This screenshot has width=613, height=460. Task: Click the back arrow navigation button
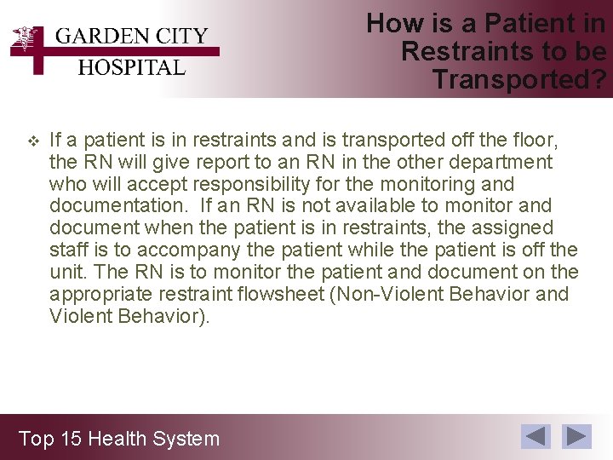[x=536, y=437]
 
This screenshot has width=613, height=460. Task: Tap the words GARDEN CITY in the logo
[x=131, y=37]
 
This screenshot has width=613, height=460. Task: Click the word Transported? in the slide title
[x=519, y=79]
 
